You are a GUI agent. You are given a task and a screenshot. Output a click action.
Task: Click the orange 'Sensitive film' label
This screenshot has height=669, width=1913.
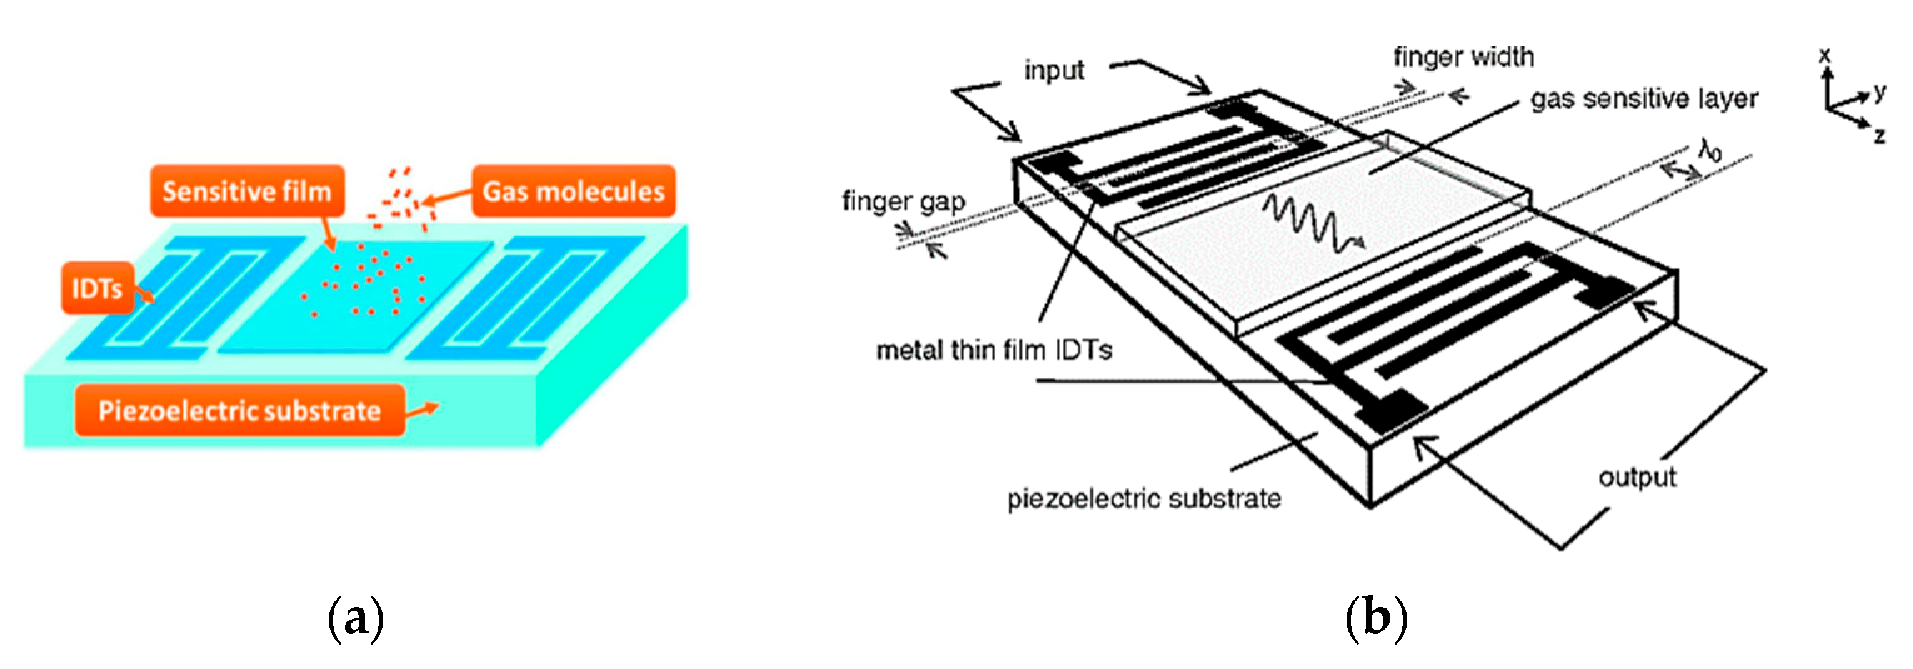coord(248,191)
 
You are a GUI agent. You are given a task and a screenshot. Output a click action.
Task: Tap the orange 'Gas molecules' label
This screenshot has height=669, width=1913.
coord(573,191)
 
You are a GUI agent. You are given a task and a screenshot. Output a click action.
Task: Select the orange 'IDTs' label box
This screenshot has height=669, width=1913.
coord(96,288)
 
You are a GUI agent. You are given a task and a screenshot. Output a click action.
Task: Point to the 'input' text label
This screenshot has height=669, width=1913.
coord(1054,71)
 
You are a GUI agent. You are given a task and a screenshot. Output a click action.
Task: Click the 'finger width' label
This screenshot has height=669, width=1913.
coord(1463,57)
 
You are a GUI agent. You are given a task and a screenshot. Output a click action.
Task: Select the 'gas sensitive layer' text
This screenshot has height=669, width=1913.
coord(1644,99)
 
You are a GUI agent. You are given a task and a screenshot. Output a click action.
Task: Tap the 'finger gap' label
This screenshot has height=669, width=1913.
coord(903,201)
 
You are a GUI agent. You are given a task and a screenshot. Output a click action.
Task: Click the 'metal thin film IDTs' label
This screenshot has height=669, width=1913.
coord(993,350)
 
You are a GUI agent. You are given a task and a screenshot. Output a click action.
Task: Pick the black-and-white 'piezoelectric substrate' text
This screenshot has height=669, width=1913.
coord(1143,498)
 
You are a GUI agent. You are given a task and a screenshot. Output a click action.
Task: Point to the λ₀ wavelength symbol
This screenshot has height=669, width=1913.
coord(1710,150)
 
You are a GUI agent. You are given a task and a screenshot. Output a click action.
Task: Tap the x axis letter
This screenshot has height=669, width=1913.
coord(1825,54)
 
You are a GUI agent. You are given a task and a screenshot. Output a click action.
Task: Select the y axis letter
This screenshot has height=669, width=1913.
coord(1880,91)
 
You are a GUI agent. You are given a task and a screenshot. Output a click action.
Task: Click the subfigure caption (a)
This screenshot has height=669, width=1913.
coord(356,618)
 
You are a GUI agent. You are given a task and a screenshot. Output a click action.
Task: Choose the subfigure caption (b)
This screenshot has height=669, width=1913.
coord(1376,618)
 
